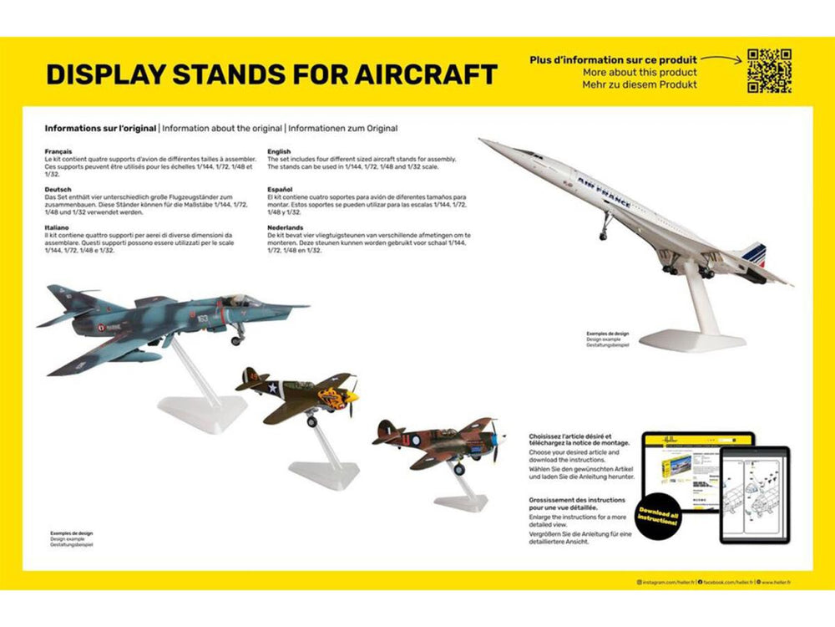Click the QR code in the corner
pos(769,71)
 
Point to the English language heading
pos(279,152)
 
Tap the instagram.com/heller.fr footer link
pos(665,581)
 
